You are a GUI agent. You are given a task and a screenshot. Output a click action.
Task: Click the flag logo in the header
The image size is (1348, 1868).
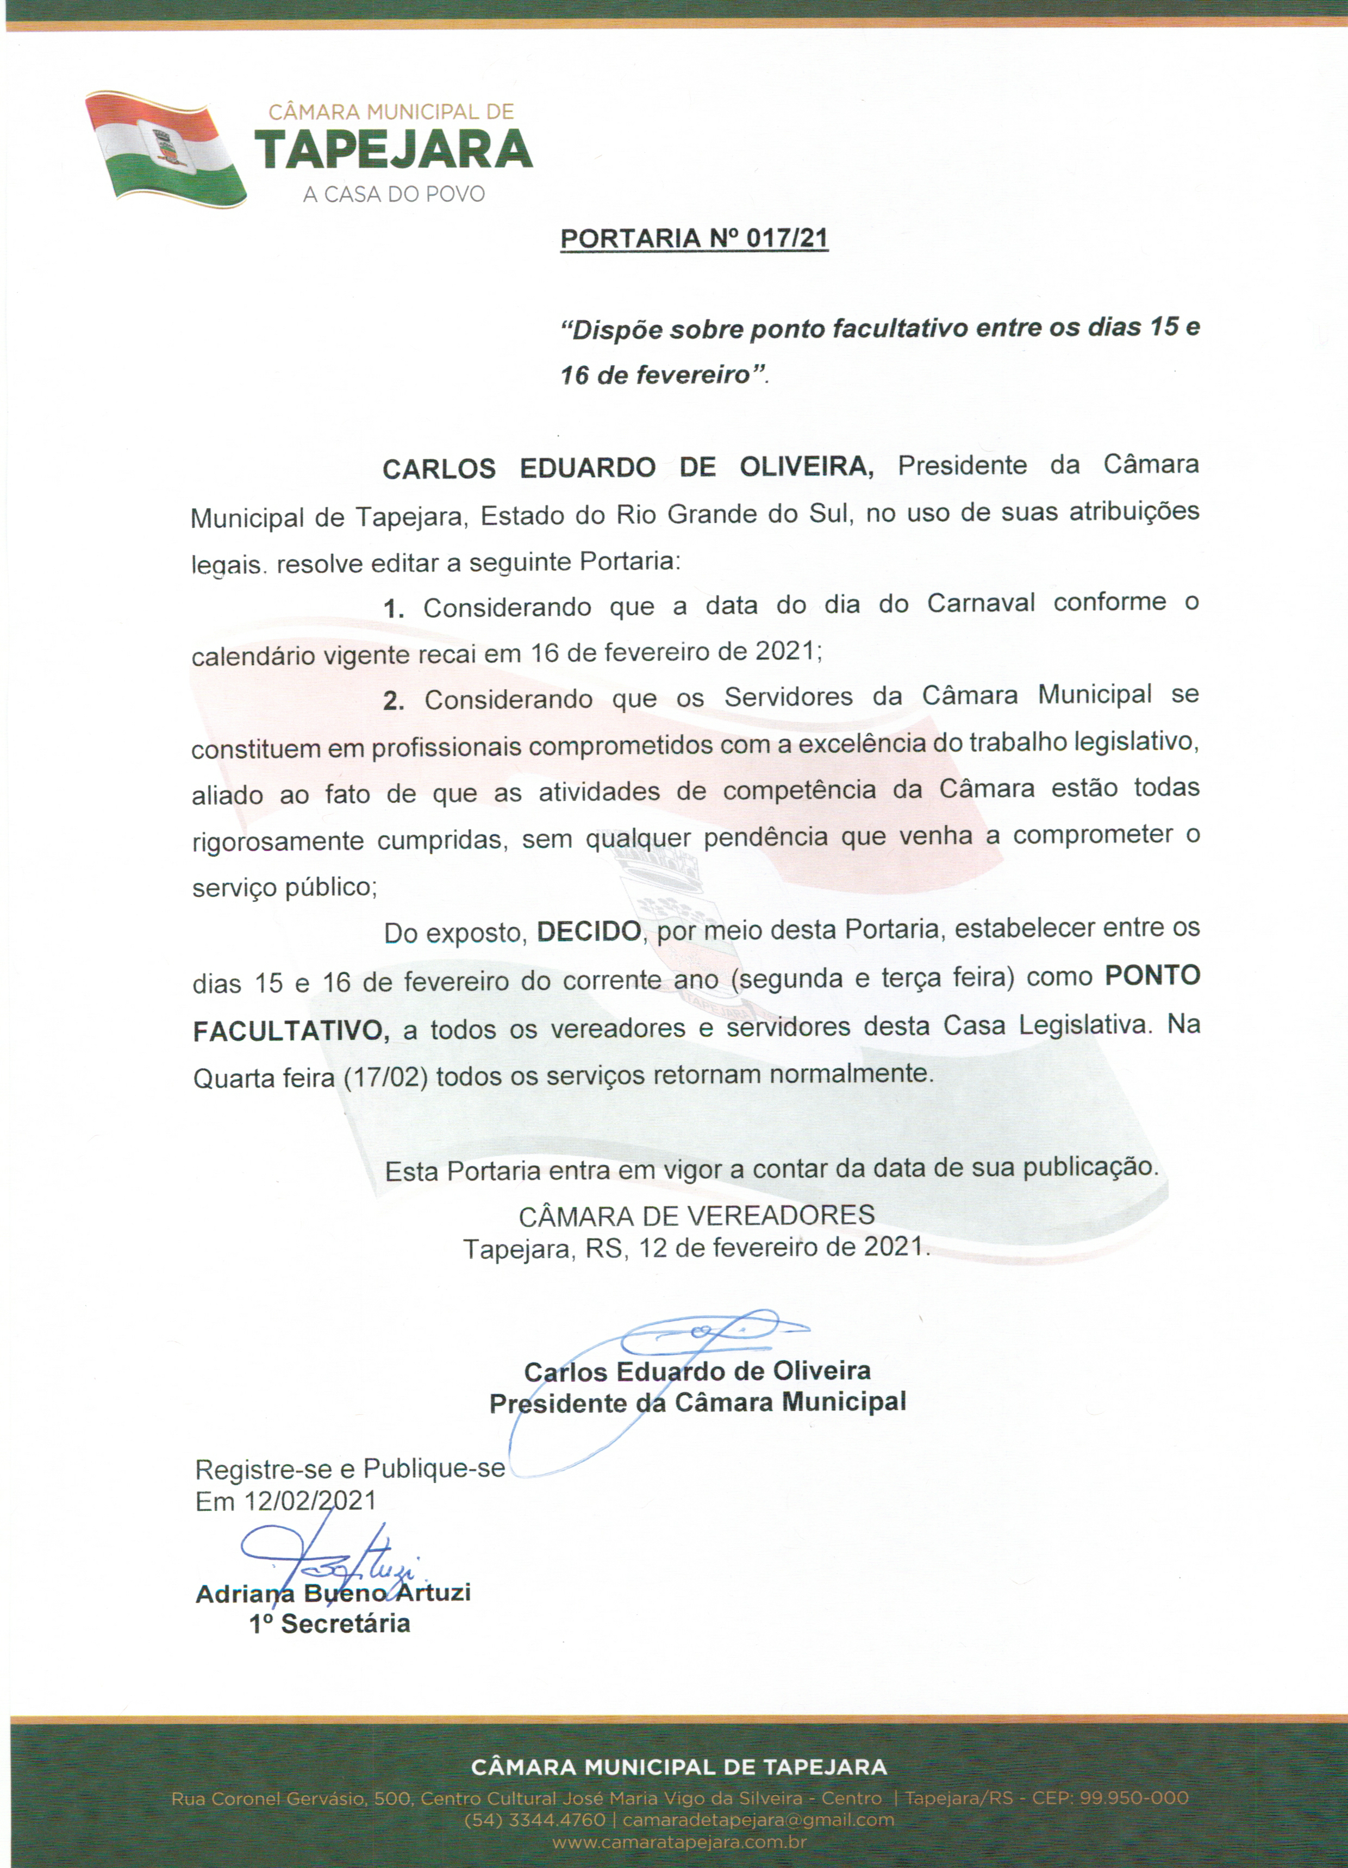[x=165, y=149]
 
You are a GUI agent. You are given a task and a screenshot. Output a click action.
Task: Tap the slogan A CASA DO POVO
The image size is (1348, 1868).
[x=394, y=195]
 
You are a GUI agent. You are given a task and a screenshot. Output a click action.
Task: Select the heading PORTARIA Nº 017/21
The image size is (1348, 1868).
[x=694, y=239]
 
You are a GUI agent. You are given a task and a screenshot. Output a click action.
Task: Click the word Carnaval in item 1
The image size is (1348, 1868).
[x=981, y=604]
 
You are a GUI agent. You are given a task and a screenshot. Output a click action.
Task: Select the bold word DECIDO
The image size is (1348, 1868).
[x=588, y=932]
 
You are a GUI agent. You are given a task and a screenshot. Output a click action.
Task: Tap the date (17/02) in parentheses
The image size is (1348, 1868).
[x=385, y=1077]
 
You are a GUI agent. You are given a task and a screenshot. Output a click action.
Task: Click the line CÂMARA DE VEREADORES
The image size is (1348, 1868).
[x=696, y=1215]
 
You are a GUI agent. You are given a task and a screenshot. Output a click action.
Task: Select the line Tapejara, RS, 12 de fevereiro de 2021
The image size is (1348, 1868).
[x=696, y=1248]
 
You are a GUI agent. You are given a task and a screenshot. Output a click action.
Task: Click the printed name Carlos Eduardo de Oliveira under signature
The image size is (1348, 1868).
[x=697, y=1371]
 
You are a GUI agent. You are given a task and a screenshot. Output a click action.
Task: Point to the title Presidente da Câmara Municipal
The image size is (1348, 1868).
[x=697, y=1403]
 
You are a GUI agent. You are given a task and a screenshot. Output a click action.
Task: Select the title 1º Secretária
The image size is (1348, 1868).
[x=329, y=1624]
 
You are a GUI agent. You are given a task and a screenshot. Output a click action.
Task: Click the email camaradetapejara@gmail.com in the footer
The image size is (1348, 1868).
[x=758, y=1820]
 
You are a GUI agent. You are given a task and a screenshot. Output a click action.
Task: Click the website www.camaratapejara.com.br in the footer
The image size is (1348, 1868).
[x=679, y=1842]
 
